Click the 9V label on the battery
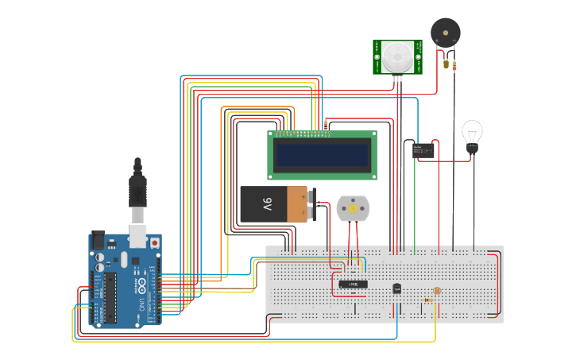[267, 205]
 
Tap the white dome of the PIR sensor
[396, 56]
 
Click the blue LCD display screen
[322, 154]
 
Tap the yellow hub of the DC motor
[353, 208]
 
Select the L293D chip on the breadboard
[352, 284]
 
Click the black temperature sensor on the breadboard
[397, 289]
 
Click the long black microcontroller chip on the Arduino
[110, 294]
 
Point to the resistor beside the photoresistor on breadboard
[430, 300]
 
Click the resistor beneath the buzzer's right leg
[454, 66]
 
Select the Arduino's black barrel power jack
[97, 239]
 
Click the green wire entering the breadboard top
[415, 238]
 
